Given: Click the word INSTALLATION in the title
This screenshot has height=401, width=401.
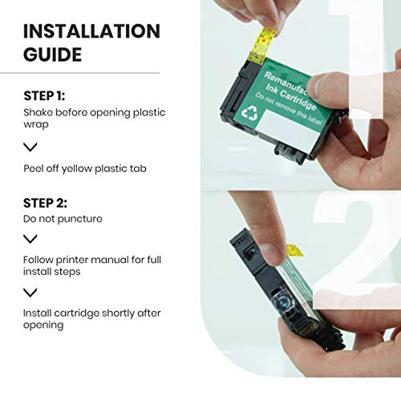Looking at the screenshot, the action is pos(91,31).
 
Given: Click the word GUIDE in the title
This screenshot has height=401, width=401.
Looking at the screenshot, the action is pos(52,55).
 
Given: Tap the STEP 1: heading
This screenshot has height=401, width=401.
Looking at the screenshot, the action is pos(44,95).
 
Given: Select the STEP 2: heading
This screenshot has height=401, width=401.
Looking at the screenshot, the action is pos(45,203).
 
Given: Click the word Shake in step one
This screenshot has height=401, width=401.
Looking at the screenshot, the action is pos(38,112).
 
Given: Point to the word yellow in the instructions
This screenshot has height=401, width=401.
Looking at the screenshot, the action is pos(77,169).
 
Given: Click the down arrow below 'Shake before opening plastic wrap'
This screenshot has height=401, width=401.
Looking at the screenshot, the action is pos(30,147).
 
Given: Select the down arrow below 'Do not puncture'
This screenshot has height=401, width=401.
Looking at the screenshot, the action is pos(30,239).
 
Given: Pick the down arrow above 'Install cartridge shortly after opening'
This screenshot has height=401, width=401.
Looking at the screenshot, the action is pos(30,293).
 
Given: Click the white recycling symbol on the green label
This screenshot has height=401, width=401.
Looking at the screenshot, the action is pos(249,113).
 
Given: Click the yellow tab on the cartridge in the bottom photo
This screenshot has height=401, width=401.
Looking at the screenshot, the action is pos(295,250).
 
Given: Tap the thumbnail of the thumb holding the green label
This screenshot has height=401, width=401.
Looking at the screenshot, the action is pos(315,86).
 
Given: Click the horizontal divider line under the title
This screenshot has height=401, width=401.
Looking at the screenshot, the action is pos(79,73).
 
